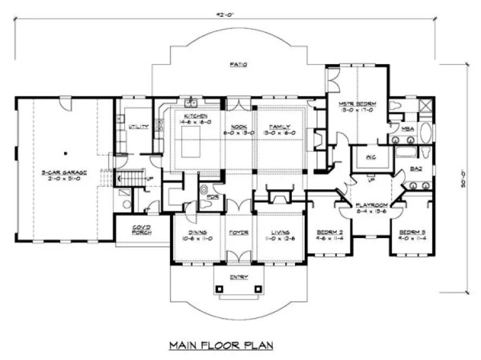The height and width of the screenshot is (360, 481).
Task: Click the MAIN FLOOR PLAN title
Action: coord(221,345)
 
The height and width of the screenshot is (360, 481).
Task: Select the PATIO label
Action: coord(238,64)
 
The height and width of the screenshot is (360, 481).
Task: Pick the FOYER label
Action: coord(238,233)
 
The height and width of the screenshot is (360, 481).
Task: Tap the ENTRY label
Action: coord(239,277)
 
